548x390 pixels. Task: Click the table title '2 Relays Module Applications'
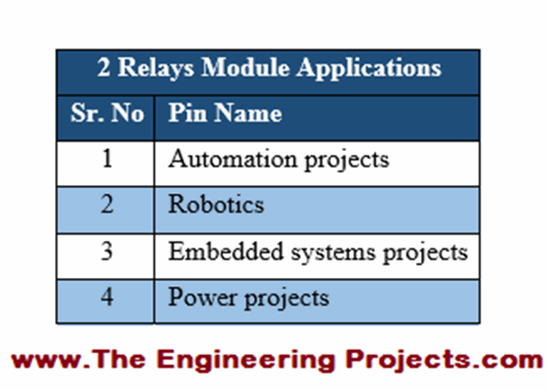tap(269, 68)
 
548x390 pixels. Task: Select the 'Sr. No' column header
tap(107, 113)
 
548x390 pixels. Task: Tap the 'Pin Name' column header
tap(225, 113)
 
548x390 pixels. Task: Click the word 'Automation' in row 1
tap(233, 159)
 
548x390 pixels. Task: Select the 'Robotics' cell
tap(216, 204)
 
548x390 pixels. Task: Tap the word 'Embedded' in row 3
tap(225, 251)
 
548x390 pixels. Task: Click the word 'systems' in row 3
tap(333, 253)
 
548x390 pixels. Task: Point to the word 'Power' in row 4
tap(203, 297)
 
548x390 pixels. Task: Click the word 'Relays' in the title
tap(156, 68)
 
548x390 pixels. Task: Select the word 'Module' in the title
tap(245, 67)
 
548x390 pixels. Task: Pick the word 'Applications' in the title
tap(369, 69)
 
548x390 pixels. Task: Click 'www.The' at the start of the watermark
tap(78, 359)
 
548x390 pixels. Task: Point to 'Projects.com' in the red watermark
tap(444, 360)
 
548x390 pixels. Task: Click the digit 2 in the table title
tap(103, 67)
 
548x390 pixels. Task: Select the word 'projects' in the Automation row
tap(347, 161)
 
